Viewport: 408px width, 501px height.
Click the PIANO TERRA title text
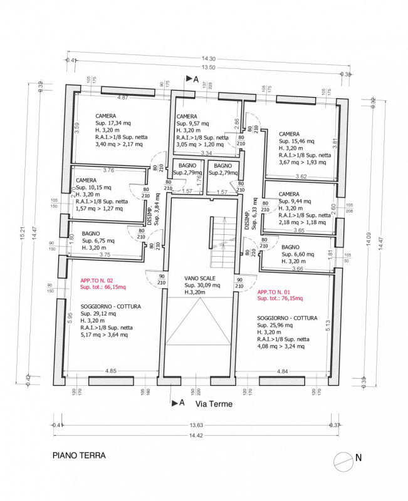pos(78,457)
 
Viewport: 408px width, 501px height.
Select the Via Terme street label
pos(214,404)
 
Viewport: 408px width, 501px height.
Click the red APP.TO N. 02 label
pos(97,281)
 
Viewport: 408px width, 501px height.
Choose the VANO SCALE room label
pos(200,277)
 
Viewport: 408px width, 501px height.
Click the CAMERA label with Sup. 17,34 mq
pos(106,116)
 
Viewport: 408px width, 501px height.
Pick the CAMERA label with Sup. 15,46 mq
pos(289,134)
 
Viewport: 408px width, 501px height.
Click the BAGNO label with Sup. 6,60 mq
pos(291,247)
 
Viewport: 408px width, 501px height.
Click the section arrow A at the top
pos(191,79)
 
